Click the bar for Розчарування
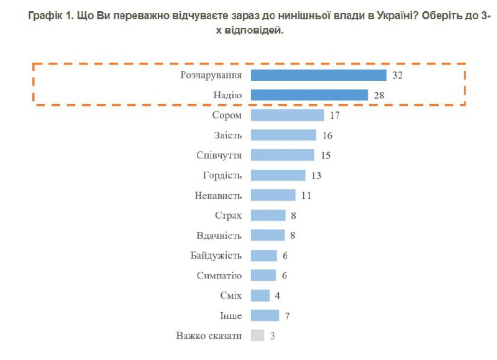319,75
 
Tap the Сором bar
287,115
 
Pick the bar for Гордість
278,175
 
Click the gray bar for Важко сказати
257,335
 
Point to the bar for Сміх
260,295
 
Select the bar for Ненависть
273,195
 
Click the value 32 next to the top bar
398,75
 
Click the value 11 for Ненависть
306,195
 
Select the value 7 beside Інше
288,315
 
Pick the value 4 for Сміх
278,295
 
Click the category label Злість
227,135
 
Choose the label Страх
227,215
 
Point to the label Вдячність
218,236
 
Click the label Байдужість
216,256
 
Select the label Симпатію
219,275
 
